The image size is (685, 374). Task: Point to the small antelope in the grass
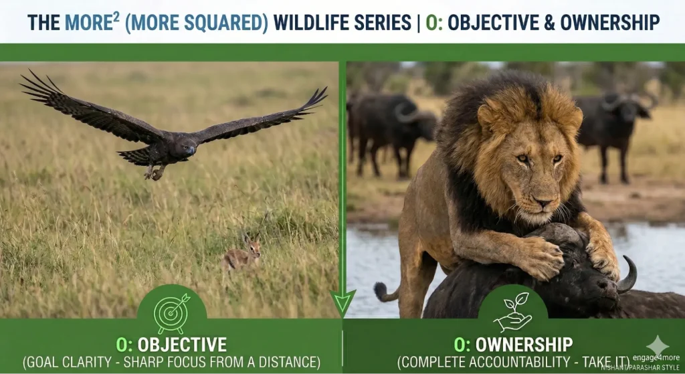tap(242, 256)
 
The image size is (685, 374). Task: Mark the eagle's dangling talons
tap(155, 172)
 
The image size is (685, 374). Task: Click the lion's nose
tap(541, 201)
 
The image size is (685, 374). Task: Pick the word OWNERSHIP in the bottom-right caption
tap(522, 345)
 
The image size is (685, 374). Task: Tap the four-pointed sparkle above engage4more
tap(656, 343)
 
